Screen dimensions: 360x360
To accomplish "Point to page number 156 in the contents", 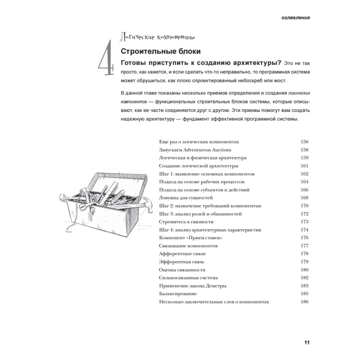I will coord(305,142).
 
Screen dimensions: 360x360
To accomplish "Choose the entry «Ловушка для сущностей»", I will coord(186,198).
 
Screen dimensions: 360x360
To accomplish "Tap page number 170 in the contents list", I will coord(305,206).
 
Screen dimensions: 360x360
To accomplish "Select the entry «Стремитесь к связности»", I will coord(186,222).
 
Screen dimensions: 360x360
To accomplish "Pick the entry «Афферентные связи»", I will coord(182,254).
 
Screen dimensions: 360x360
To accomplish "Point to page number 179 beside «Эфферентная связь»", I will coord(305,262).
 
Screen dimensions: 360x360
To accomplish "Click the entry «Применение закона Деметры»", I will coord(192,286).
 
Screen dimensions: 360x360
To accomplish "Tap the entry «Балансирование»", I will coord(177,294).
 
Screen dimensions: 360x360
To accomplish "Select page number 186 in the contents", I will coord(305,302).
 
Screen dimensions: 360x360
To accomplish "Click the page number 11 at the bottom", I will coord(307,342).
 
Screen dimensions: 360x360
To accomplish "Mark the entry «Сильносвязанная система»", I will coord(188,278).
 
